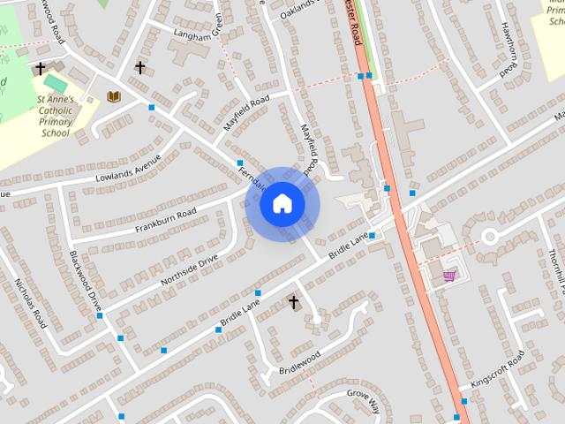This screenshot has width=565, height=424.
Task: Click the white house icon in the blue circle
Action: coord(282,204)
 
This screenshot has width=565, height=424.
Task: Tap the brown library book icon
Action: coord(113,96)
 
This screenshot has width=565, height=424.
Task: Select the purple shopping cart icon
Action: coord(450,276)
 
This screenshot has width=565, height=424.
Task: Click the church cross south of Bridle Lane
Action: coord(293,303)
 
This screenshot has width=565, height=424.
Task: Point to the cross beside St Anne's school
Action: coord(40,68)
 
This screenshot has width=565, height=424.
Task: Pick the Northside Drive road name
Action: coord(189,270)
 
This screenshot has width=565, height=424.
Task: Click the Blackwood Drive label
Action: coord(86,282)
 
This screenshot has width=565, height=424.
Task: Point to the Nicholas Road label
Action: coord(29,303)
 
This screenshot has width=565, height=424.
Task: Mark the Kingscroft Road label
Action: coord(498,370)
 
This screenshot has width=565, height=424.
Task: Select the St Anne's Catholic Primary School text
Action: coord(56,117)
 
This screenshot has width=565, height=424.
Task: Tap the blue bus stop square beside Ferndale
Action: coord(239,163)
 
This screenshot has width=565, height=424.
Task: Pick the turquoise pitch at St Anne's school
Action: coord(56,82)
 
